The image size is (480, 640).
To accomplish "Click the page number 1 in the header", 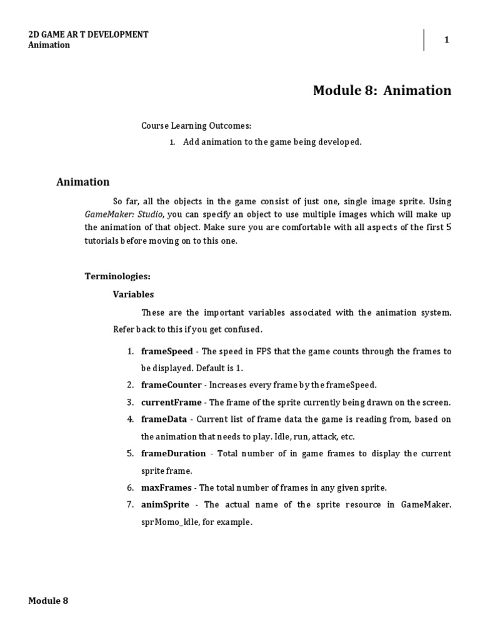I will coord(446,40).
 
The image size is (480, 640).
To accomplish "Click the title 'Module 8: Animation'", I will coord(381,91).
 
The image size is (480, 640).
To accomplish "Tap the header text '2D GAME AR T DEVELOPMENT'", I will coord(88,34).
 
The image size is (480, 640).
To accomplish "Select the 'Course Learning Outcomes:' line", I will coord(196,126).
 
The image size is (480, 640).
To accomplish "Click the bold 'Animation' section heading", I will coord(82,182).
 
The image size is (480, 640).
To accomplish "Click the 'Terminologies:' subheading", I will coord(117,276).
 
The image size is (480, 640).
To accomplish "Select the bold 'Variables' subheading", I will coord(133,294).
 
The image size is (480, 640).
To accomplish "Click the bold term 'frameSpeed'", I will coord(167,351).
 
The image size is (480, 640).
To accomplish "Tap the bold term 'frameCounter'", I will coord(171,385).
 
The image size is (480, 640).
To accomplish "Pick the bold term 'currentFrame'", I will coord(171,402).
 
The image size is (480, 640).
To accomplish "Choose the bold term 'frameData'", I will coord(164,419).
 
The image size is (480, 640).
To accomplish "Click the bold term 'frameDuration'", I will coord(173,453).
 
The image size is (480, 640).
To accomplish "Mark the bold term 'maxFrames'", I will coord(166,487).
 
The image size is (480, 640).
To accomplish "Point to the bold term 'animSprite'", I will coord(166,504).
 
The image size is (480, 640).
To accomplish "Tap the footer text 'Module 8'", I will coord(48,601).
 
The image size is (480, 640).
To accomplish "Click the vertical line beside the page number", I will coord(424,40).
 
